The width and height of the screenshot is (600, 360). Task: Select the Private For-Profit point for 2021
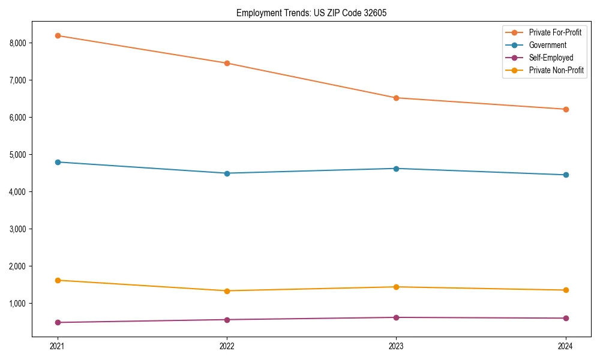(58, 35)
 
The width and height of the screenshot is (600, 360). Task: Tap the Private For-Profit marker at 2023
(396, 98)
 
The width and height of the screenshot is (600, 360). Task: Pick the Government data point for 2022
(227, 173)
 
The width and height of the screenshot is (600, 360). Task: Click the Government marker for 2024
(566, 175)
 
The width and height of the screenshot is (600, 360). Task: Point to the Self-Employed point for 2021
(58, 322)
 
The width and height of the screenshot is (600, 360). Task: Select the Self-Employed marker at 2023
(396, 317)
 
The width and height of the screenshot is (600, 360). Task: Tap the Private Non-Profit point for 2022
(227, 291)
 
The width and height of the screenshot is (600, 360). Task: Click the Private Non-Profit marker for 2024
(566, 290)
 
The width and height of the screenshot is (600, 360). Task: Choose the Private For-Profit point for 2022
(227, 63)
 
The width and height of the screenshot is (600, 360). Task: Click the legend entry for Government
(547, 45)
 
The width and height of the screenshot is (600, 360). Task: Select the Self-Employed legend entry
(551, 58)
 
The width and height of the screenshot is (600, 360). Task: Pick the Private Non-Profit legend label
(556, 70)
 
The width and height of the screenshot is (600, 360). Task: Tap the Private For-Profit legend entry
(555, 32)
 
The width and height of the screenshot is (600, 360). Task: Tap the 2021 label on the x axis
(58, 346)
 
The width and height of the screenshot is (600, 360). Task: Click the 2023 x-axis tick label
(396, 346)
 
